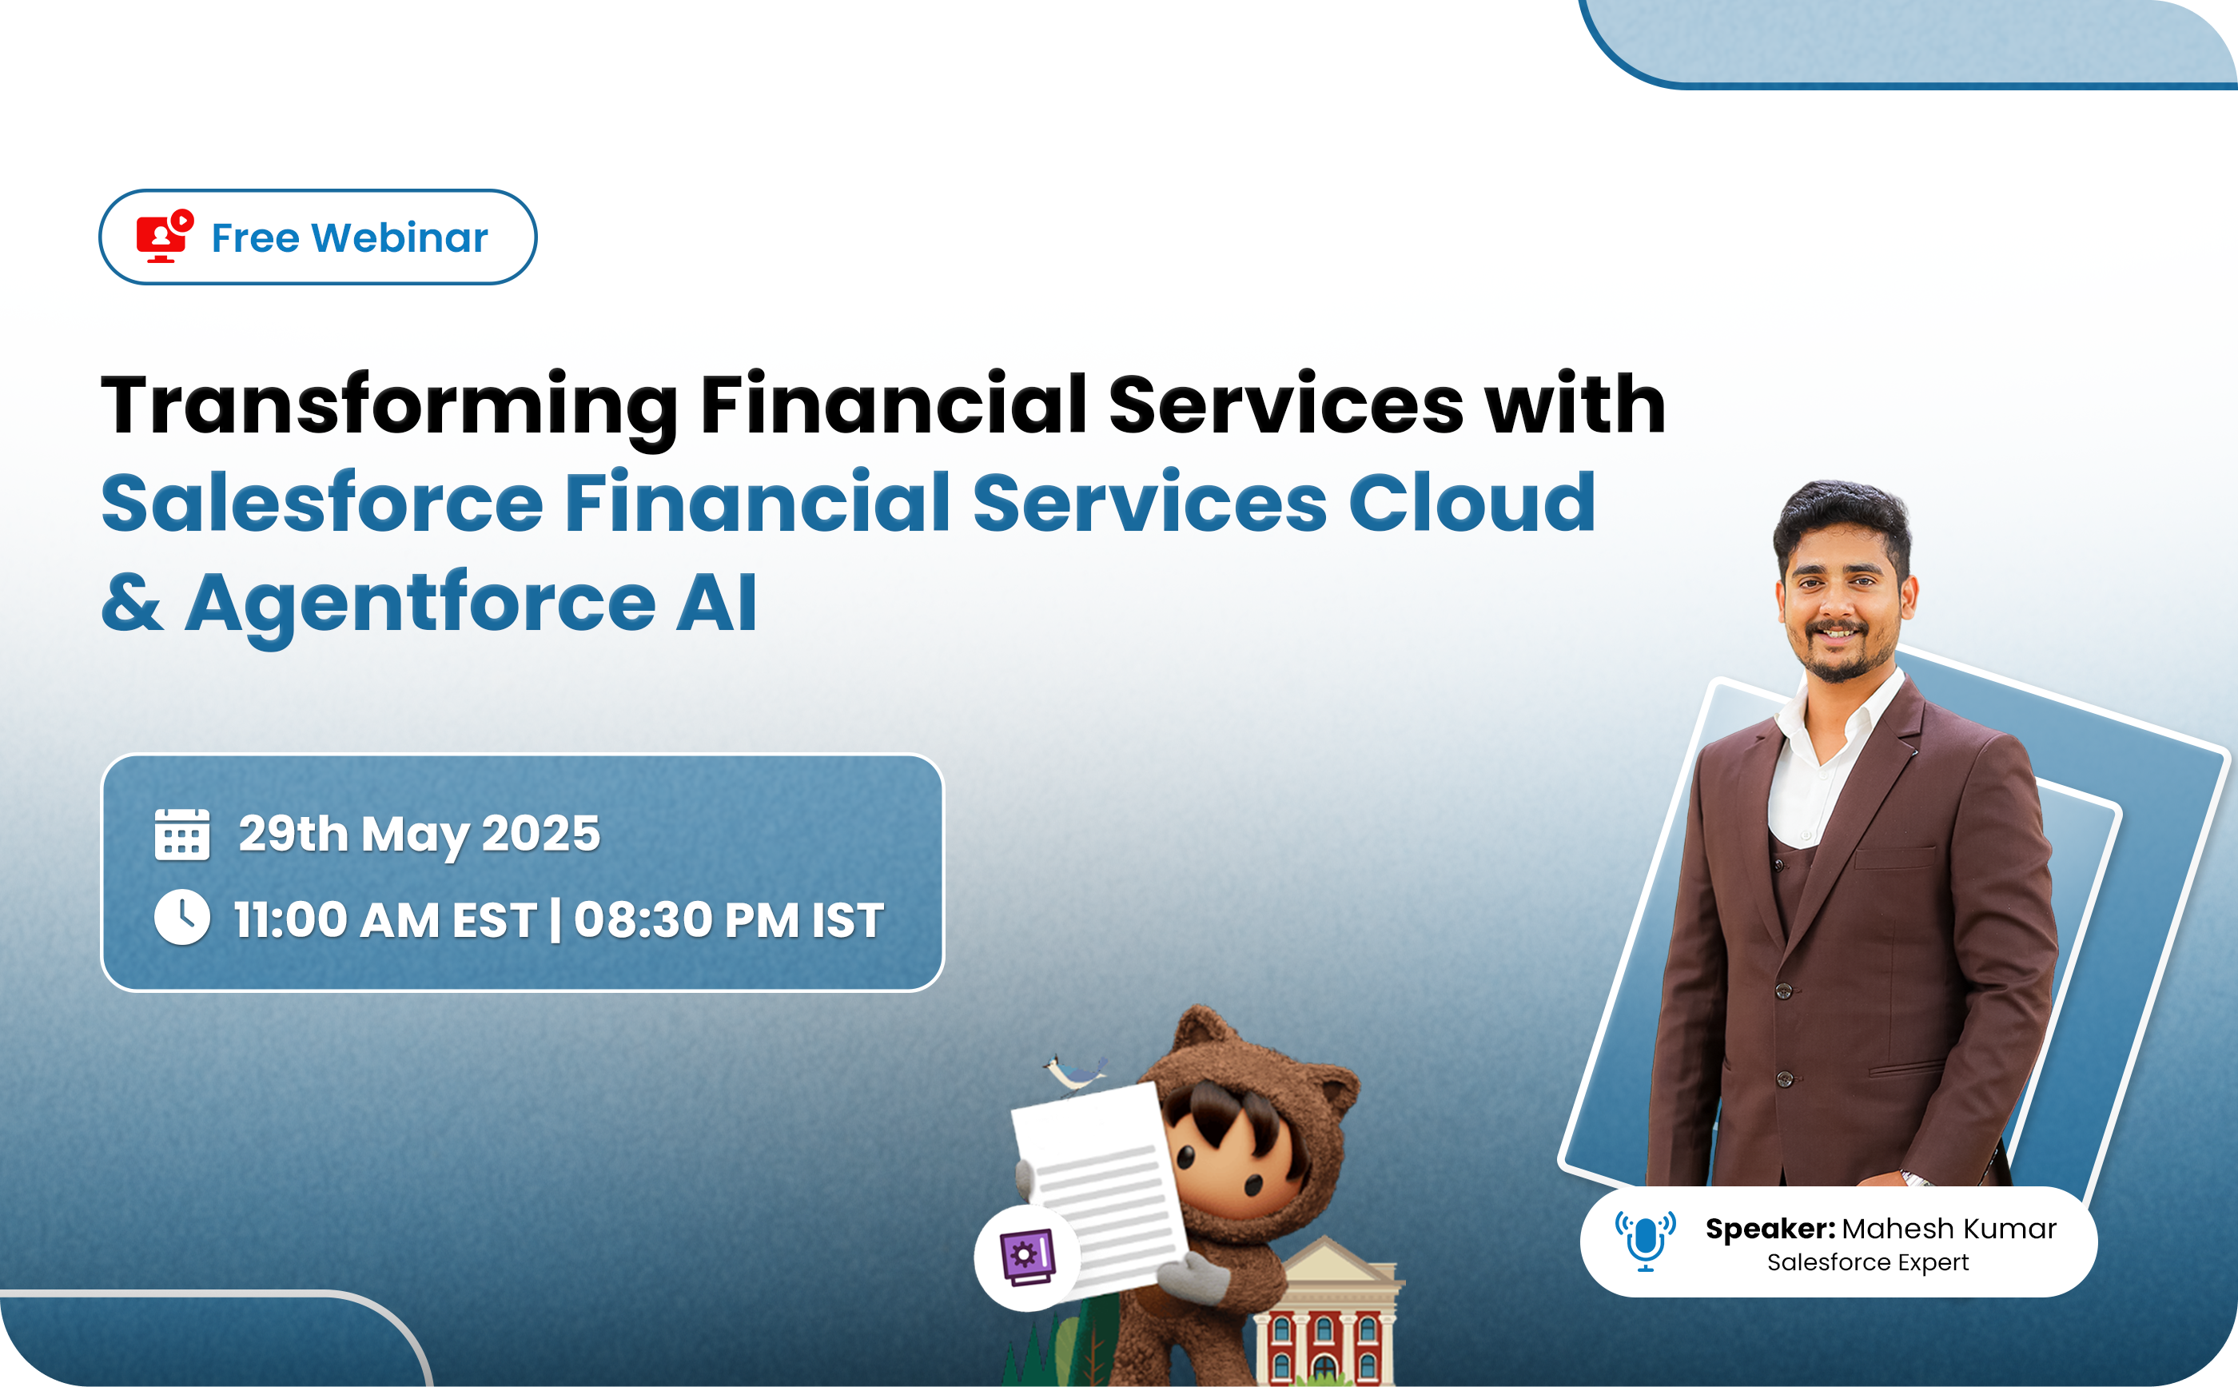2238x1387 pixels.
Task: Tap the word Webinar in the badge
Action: point(400,237)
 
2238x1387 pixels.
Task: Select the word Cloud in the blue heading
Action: point(1472,503)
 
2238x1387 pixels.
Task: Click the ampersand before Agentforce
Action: point(133,602)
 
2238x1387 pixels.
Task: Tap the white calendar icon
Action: point(181,835)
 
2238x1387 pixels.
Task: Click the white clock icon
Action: point(181,917)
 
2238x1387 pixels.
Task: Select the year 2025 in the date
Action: point(540,833)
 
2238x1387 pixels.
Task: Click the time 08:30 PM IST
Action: point(729,920)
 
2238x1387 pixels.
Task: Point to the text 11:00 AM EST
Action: point(385,920)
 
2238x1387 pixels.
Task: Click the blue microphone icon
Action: point(1646,1240)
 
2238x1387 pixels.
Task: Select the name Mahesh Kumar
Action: point(1949,1228)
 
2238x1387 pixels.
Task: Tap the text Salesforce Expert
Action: point(1867,1263)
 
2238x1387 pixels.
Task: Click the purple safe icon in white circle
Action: point(1028,1257)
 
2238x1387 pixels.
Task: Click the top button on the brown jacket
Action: point(1784,990)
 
